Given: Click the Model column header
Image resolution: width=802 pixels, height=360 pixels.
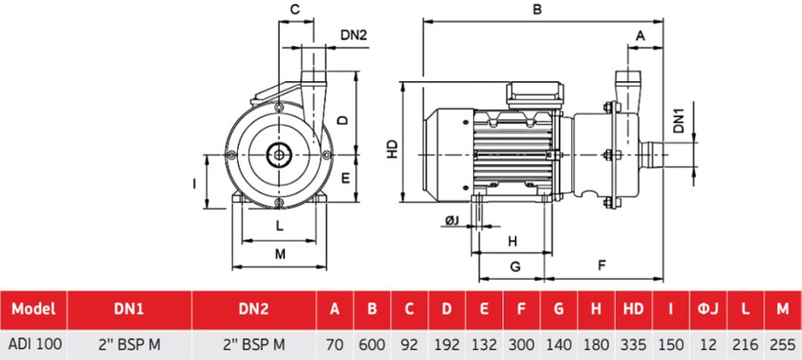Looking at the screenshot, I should [34, 310].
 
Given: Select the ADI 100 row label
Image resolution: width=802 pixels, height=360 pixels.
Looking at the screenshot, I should [34, 344].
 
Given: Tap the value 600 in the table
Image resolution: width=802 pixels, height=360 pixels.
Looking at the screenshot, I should [372, 344].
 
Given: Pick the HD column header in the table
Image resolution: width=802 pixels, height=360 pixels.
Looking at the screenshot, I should [633, 310].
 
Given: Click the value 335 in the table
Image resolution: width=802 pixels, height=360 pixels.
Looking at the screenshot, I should [633, 344].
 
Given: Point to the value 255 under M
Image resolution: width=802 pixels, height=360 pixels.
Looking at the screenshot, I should [782, 344].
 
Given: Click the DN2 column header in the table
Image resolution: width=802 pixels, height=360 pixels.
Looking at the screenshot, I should [254, 310].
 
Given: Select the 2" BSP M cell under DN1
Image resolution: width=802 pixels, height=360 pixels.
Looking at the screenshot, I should [129, 344].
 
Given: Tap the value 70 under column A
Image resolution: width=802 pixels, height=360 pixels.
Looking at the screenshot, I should [334, 344].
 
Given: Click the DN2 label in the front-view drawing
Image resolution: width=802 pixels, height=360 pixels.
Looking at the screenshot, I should [354, 36].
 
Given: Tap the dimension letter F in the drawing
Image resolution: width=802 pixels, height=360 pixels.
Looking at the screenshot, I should [602, 266].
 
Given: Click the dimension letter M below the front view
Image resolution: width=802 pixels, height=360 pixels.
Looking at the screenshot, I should [280, 255].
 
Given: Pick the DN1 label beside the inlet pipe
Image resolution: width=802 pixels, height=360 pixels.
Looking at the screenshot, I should [680, 121].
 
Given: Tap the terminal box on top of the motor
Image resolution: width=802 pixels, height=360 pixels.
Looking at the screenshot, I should [535, 94].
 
